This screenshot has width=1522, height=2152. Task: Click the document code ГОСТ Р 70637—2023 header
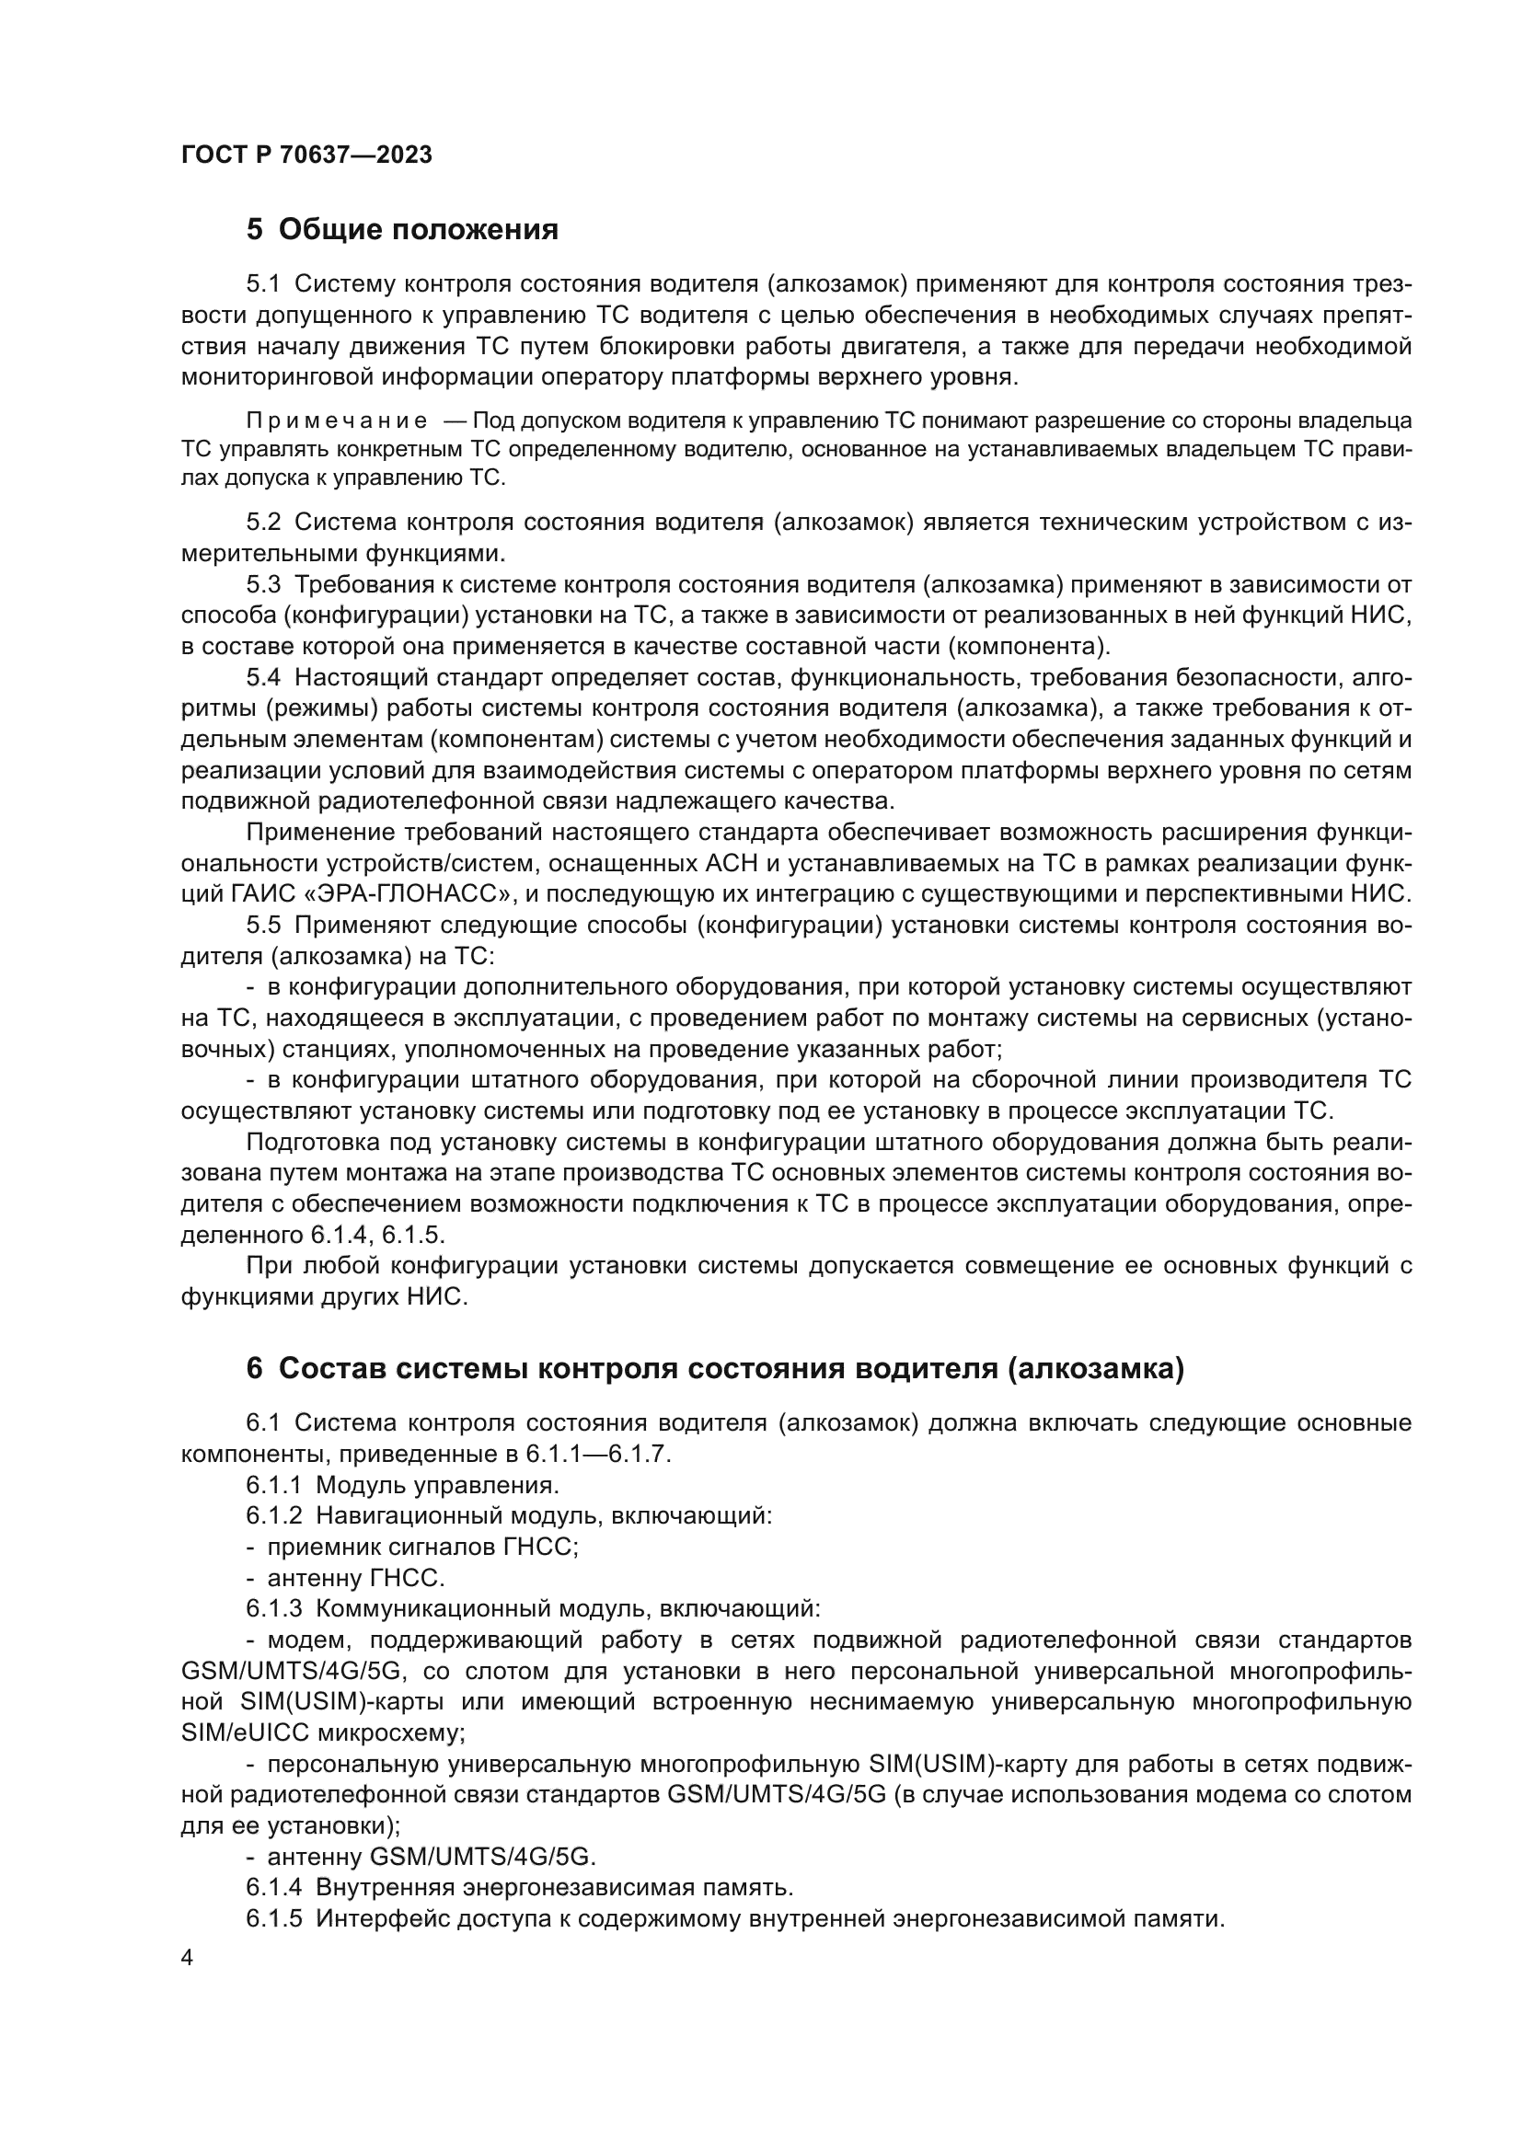(306, 155)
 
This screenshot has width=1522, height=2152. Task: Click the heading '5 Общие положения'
(402, 230)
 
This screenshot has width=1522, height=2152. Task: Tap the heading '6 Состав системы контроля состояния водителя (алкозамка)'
(715, 1368)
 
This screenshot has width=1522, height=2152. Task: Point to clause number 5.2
(263, 522)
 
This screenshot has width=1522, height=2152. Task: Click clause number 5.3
(263, 585)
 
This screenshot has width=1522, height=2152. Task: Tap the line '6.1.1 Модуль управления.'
(403, 1485)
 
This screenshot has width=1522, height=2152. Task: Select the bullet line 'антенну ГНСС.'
(355, 1578)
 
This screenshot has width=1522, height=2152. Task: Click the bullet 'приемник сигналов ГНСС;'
(421, 1547)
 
